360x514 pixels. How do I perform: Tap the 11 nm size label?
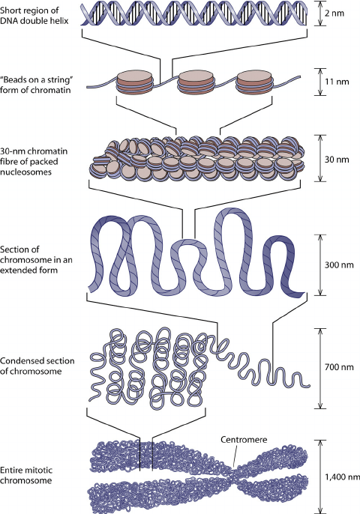pyautogui.click(x=339, y=77)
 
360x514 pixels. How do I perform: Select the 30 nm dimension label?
pyautogui.click(x=339, y=159)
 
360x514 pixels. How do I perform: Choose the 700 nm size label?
pyautogui.click(x=341, y=369)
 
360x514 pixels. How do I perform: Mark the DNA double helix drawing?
pyautogui.click(x=194, y=14)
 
